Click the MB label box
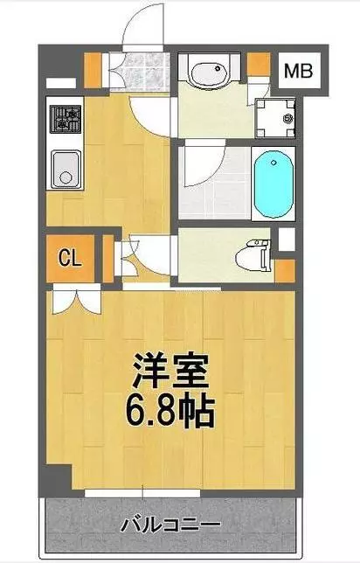[299, 71]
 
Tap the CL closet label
[71, 258]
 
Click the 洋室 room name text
[170, 371]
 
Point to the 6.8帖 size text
[170, 411]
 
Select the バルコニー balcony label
[170, 525]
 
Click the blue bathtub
[273, 184]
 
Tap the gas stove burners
[66, 119]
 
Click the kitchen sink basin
[66, 170]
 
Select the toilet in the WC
[253, 256]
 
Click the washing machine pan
[275, 118]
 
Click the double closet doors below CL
[76, 300]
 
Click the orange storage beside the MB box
[259, 65]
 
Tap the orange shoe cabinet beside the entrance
[93, 70]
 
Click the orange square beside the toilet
[285, 271]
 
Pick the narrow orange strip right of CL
[107, 258]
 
